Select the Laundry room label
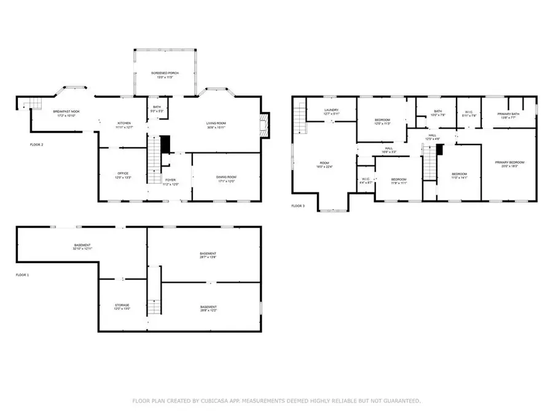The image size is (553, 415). coord(331,111)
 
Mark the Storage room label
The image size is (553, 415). coord(122,306)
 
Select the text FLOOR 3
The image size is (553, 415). coord(298,206)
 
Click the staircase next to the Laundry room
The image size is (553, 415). coord(299,119)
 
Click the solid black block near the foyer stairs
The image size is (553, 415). coord(165,145)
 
